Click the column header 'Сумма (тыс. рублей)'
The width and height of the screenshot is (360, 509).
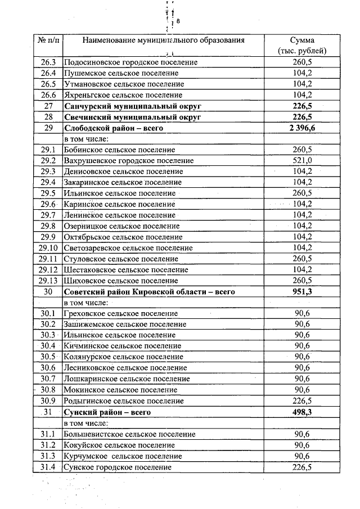pos(302,45)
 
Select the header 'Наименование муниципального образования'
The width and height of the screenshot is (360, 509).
pos(164,40)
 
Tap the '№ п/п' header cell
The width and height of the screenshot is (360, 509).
pos(48,40)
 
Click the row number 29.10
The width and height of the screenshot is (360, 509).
pos(48,248)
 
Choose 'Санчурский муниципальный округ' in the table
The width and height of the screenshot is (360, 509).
pos(133,106)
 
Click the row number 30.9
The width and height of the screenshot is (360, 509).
pos(48,401)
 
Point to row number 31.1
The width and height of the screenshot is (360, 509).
pos(48,434)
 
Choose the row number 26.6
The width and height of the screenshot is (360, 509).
pos(48,95)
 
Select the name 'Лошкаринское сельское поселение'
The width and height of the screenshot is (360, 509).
pos(127,379)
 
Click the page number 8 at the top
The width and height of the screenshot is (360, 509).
pos(178,21)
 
